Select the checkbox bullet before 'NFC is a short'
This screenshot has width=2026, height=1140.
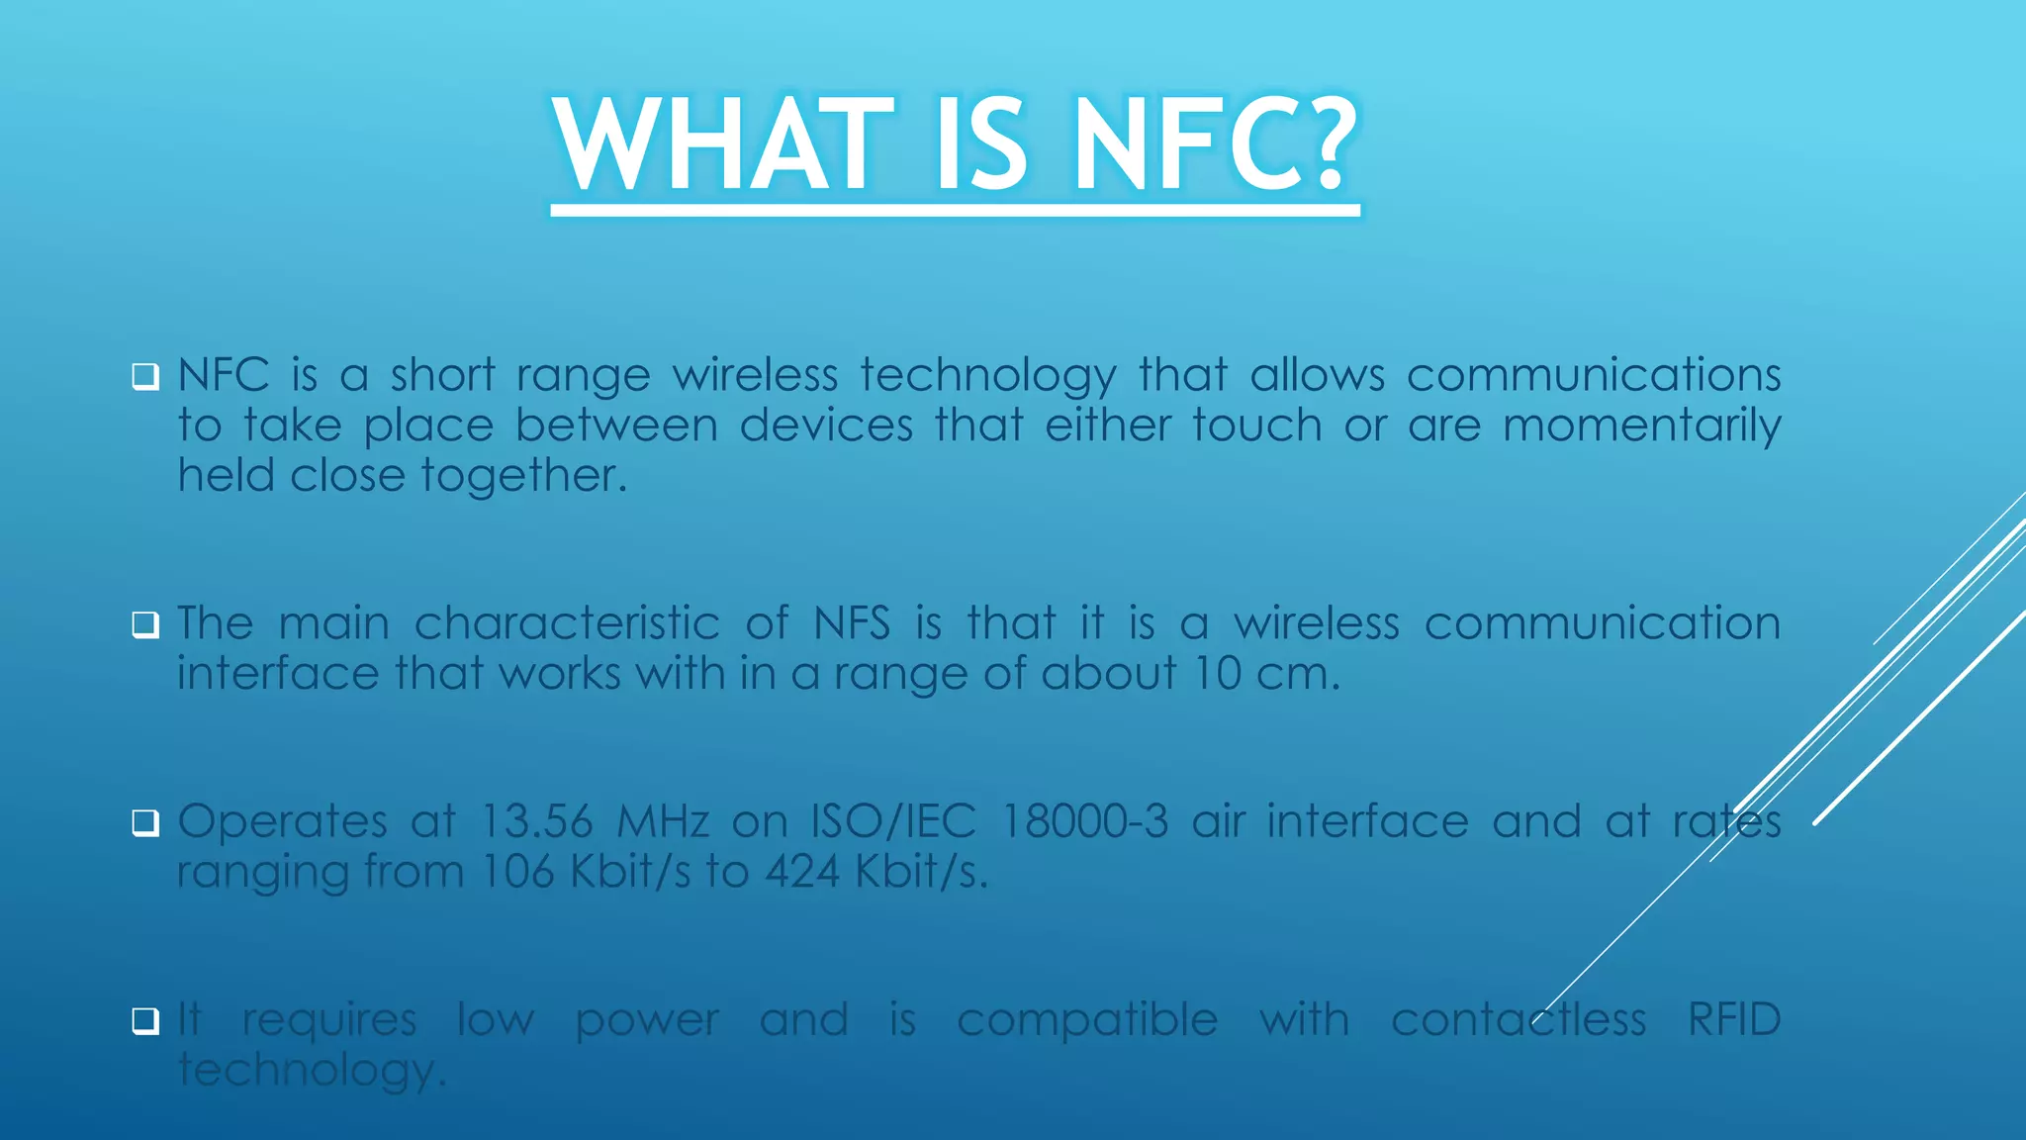tap(145, 377)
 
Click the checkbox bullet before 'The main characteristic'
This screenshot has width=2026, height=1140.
tap(145, 625)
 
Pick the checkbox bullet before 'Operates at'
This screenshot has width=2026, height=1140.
tap(145, 823)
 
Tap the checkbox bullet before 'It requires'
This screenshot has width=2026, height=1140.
tap(145, 1021)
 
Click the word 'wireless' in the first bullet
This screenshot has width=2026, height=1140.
tap(755, 375)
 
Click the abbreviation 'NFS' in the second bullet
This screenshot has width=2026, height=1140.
tap(852, 623)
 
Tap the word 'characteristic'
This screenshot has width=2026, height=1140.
tap(567, 623)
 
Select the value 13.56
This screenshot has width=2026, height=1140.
tap(537, 821)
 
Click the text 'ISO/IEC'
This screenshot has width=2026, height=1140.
tap(893, 821)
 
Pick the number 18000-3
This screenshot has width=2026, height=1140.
tap(1085, 821)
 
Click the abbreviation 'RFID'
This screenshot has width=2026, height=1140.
tap(1733, 1019)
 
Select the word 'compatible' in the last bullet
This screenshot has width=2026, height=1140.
tap(1087, 1021)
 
